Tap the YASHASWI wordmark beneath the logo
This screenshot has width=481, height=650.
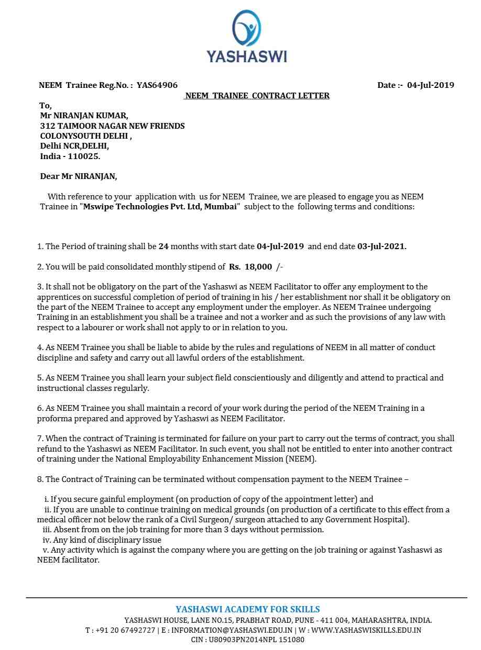246,57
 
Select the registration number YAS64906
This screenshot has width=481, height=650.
157,85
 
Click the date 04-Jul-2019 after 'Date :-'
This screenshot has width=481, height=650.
430,85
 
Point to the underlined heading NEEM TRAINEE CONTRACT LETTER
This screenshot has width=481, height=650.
257,96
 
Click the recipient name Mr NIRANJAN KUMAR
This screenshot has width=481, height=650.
84,116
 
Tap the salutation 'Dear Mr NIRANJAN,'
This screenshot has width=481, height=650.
79,176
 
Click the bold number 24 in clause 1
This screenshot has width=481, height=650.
163,246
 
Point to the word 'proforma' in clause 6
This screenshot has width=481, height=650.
53,419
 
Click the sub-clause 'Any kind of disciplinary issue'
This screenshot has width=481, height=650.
105,540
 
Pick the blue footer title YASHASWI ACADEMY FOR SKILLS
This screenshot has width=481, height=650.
247,610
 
